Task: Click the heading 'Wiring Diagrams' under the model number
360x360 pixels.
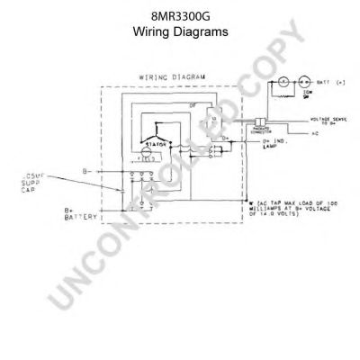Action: [x=180, y=31]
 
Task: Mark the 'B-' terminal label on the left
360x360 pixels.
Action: [x=85, y=167]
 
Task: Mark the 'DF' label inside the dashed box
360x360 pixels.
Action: [x=193, y=103]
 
